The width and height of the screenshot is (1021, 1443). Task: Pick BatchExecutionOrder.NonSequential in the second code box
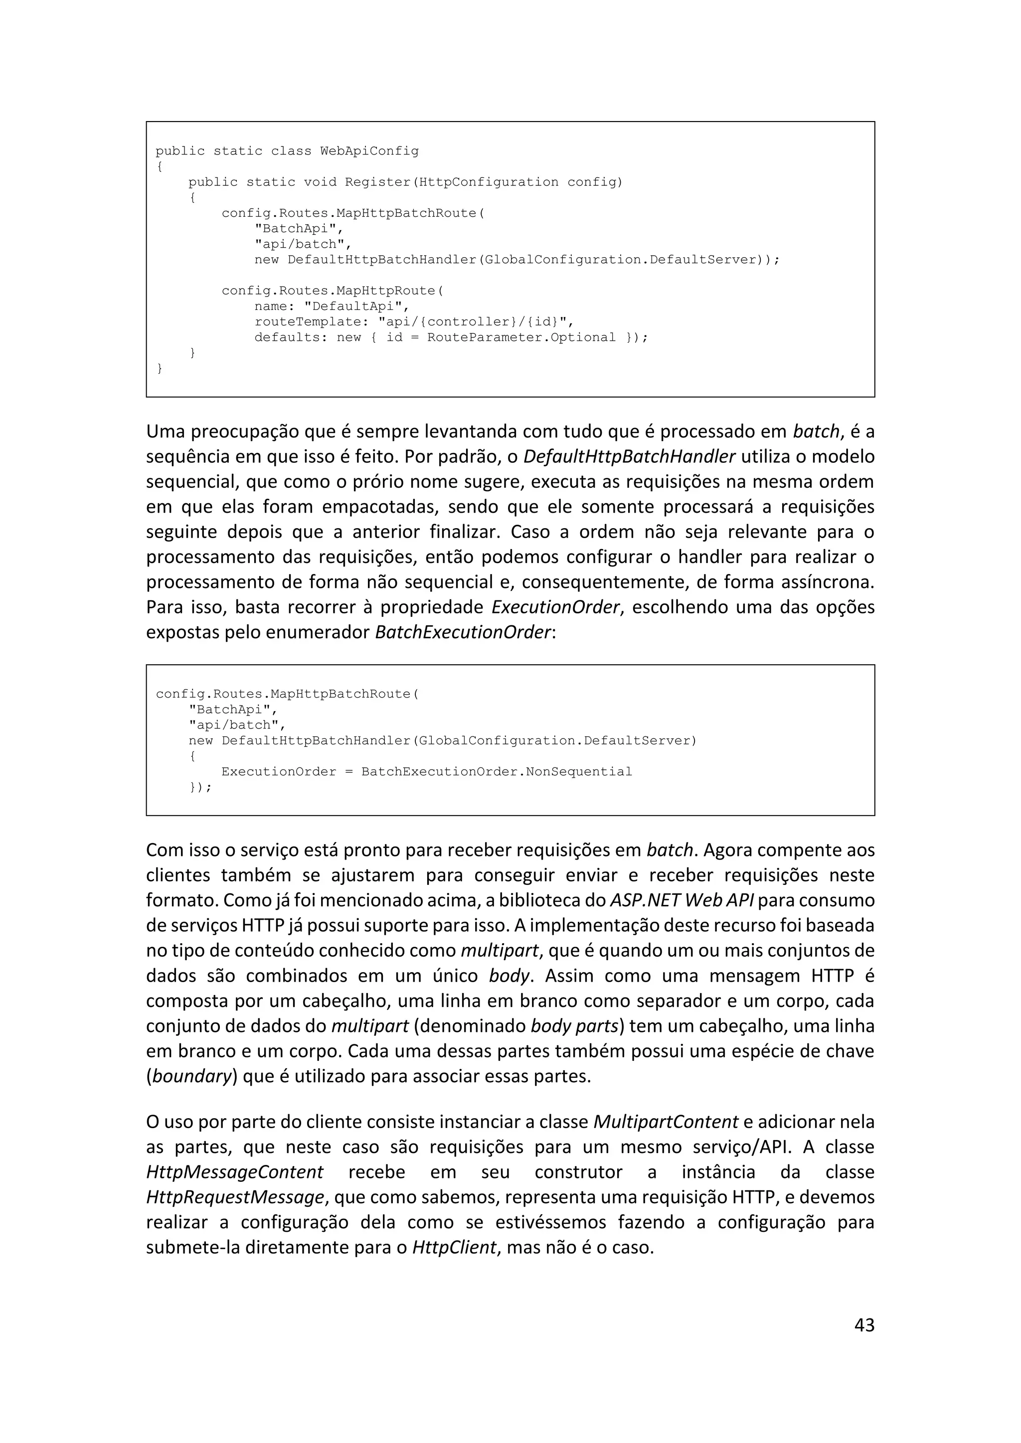(496, 772)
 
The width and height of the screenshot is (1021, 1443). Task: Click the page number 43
(864, 1325)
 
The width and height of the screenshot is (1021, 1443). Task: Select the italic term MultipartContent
(665, 1122)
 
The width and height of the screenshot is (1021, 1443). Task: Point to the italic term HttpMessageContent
(234, 1172)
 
